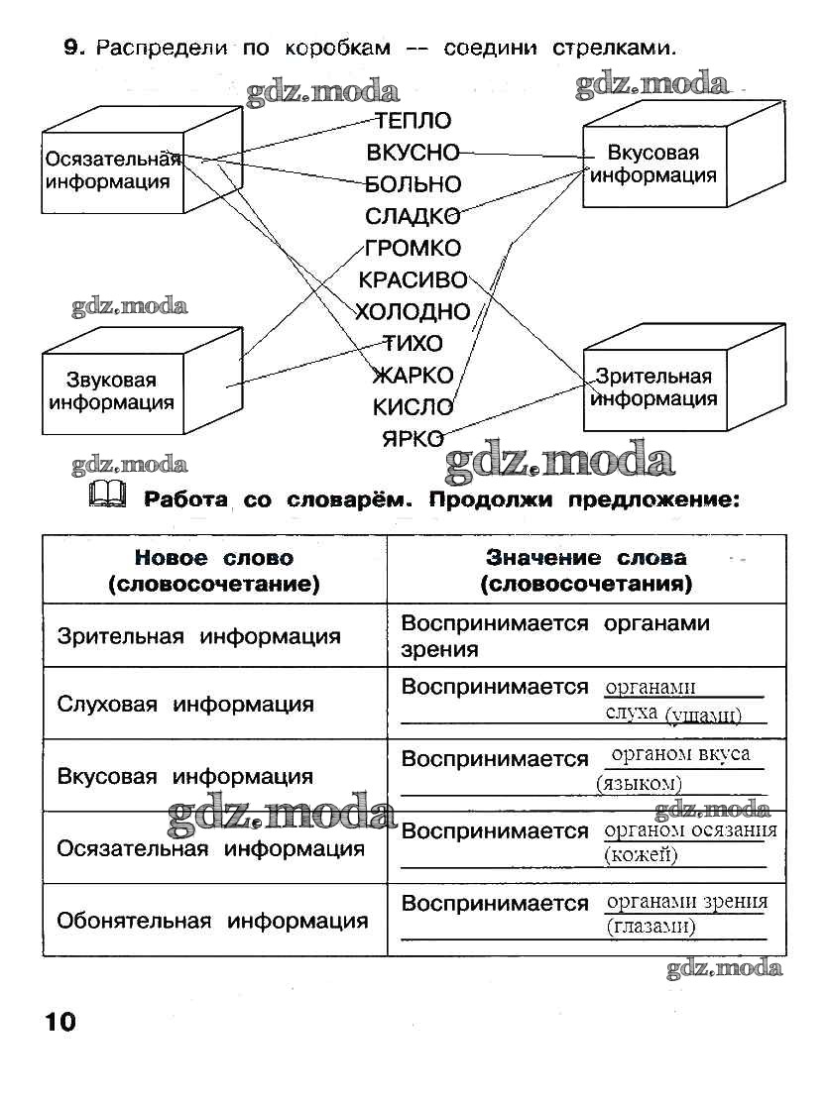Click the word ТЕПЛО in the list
click(x=413, y=122)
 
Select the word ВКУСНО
click(x=413, y=154)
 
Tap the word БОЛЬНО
click(x=413, y=185)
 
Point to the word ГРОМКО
click(x=413, y=248)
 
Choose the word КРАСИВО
click(x=413, y=280)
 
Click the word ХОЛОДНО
click(x=413, y=312)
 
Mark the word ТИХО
click(x=413, y=344)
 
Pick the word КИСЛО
click(x=413, y=406)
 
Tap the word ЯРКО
click(x=413, y=438)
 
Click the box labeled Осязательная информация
click(x=112, y=170)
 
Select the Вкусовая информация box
click(x=652, y=165)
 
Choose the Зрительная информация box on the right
click(x=652, y=388)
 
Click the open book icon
click(x=107, y=494)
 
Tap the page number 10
click(x=59, y=1022)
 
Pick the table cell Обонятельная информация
click(x=212, y=921)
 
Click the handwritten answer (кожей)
click(x=641, y=855)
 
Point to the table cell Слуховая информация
click(x=185, y=705)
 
